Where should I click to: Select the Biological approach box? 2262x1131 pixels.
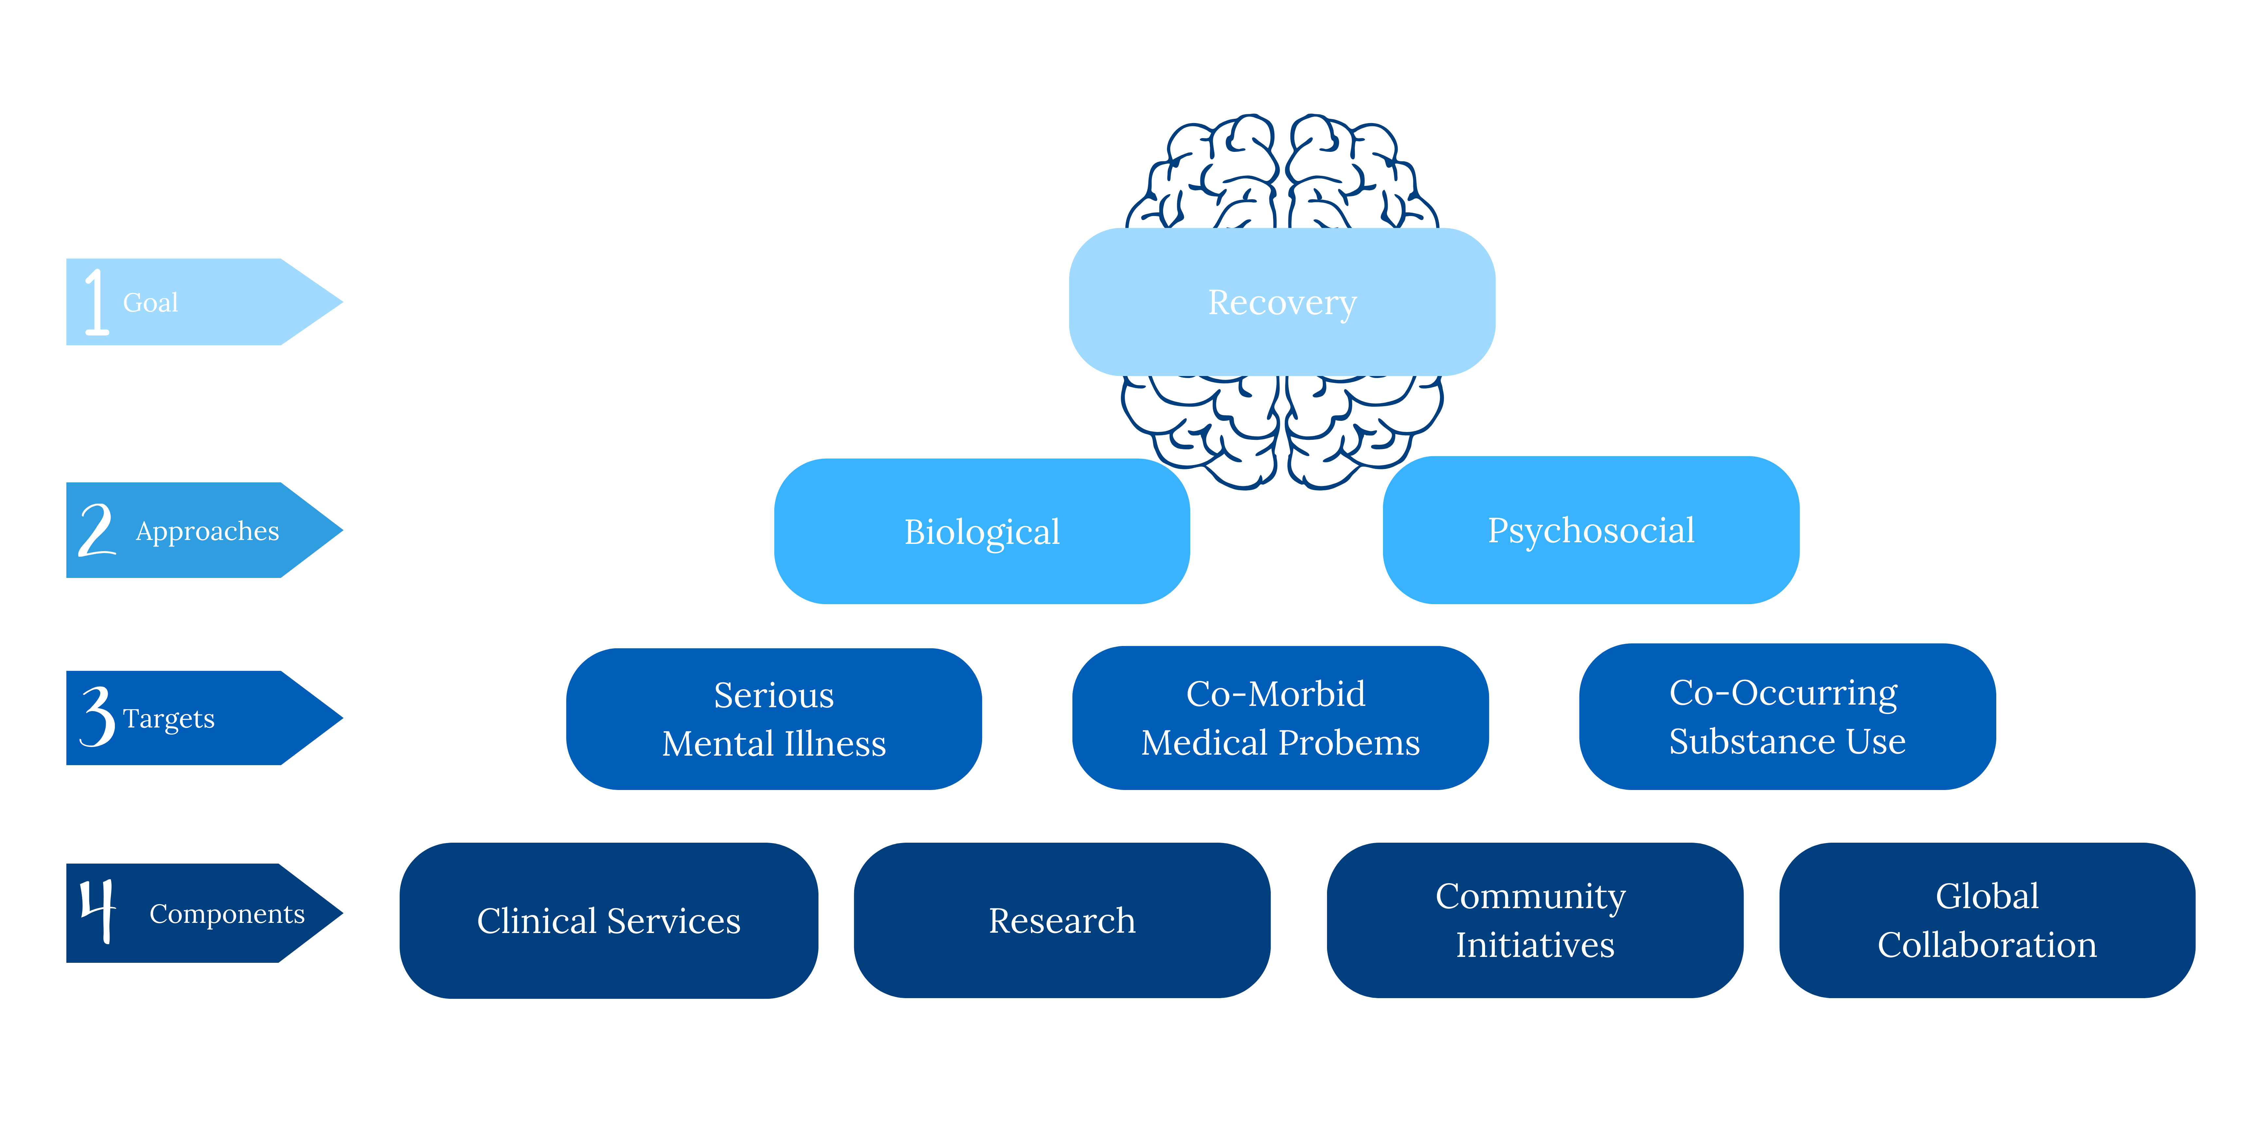[982, 531]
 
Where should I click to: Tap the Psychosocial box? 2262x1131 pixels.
[1590, 530]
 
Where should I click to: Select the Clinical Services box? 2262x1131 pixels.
[608, 920]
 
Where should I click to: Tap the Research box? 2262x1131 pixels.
[1062, 920]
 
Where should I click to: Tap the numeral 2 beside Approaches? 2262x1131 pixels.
[97, 530]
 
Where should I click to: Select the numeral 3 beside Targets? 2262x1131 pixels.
[98, 717]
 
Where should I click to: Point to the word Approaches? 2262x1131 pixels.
[207, 531]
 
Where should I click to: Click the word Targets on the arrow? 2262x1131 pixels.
[169, 718]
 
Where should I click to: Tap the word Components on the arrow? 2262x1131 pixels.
[226, 914]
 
